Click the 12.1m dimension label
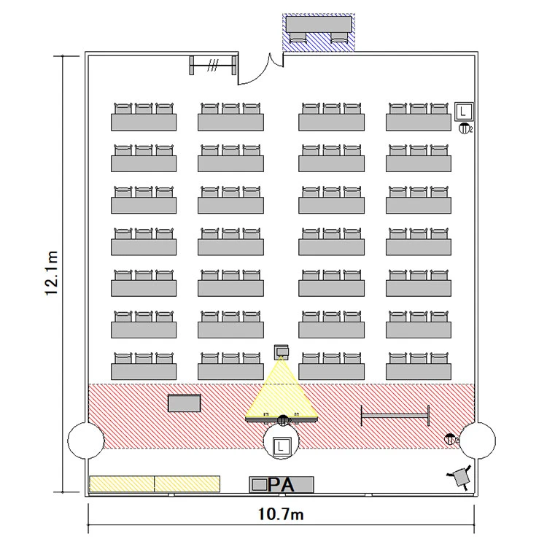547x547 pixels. (52, 273)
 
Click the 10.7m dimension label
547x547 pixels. (281, 514)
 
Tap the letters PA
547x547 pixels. (281, 484)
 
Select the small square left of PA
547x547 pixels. (259, 484)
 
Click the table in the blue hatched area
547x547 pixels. (319, 24)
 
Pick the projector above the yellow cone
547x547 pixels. (282, 352)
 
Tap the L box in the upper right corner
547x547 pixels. (464, 112)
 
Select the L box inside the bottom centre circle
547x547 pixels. (282, 446)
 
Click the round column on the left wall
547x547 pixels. (85, 441)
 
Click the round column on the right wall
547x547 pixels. (478, 441)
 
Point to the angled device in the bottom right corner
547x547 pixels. (460, 477)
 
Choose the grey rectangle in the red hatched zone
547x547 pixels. (185, 403)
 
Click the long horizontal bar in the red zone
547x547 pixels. (395, 415)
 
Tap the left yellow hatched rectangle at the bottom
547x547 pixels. (122, 484)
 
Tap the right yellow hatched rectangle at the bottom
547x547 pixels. (187, 484)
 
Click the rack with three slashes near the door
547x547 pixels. (213, 65)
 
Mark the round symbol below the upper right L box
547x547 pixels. (464, 128)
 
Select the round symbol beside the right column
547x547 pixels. (450, 439)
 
